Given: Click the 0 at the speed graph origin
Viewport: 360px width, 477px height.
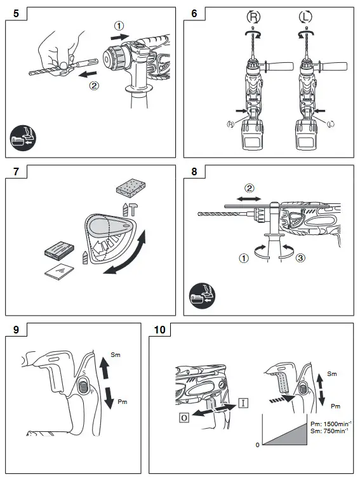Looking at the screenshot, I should tap(257, 445).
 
